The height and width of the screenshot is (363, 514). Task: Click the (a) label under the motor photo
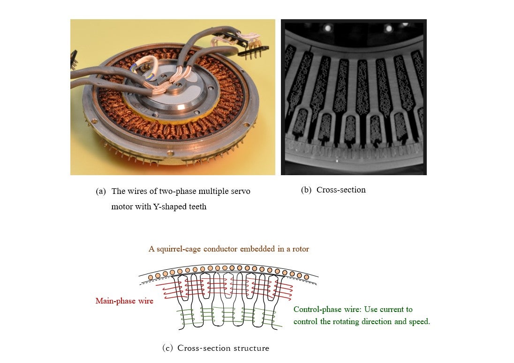point(100,192)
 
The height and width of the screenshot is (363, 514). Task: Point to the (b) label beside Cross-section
point(306,190)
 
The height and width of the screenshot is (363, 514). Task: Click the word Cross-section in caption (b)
point(341,190)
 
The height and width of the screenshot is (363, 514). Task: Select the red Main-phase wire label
point(124,301)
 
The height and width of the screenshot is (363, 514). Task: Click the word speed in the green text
point(419,322)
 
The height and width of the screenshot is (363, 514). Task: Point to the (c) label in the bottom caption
point(167,348)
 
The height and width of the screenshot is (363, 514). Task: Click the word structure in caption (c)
point(253,348)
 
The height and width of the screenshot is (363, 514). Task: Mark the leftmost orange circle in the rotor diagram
point(151,278)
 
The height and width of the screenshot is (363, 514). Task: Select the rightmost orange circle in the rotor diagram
point(307,277)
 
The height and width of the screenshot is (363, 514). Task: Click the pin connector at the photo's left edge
point(73,58)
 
